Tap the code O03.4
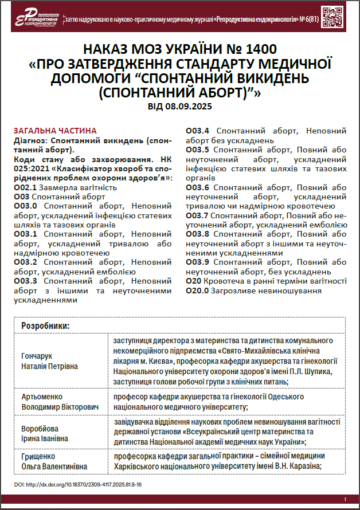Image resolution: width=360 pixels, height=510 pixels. [x=198, y=131]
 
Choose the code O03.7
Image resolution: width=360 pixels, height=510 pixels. [x=198, y=215]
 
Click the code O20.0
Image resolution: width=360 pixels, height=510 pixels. [x=198, y=291]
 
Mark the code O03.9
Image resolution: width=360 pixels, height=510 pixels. [x=198, y=262]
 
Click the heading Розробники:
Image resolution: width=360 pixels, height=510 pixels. [x=46, y=325]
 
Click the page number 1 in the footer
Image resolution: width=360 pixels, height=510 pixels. [x=345, y=500]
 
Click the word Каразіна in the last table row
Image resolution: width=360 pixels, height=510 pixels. [x=300, y=465]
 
